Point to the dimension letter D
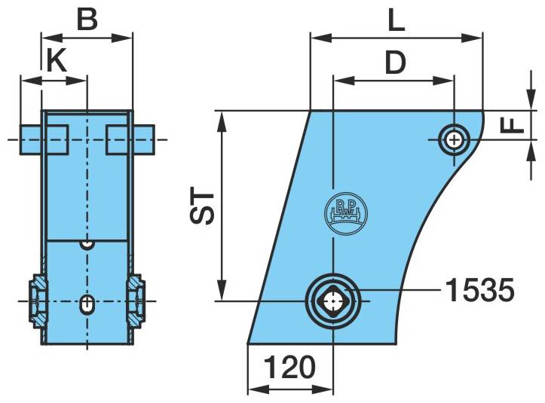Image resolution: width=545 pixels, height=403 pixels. pyautogui.click(x=396, y=63)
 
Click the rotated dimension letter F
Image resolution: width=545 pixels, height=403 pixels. pyautogui.click(x=512, y=125)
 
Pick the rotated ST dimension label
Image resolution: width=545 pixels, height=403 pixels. pyautogui.click(x=202, y=206)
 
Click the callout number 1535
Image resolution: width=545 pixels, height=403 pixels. pyautogui.click(x=479, y=290)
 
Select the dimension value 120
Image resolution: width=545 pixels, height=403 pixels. pyautogui.click(x=289, y=367)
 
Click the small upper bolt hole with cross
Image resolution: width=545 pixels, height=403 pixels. pyautogui.click(x=454, y=140)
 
